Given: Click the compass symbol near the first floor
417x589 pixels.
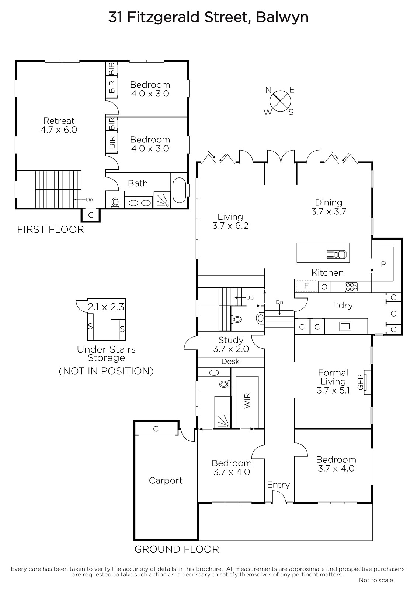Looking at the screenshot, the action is pyautogui.click(x=280, y=101).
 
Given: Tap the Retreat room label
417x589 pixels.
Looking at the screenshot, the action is pyautogui.click(x=59, y=121).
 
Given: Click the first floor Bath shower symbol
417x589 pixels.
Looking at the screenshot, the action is pyautogui.click(x=162, y=199).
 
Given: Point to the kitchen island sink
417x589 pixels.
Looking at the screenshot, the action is pyautogui.click(x=336, y=254).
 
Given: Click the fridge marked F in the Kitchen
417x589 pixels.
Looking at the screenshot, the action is pyautogui.click(x=306, y=286).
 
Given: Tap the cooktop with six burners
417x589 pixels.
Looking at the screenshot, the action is pyautogui.click(x=351, y=287).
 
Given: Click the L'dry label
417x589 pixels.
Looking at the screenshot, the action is pyautogui.click(x=343, y=305).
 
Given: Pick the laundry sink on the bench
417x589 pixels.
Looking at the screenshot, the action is pyautogui.click(x=345, y=326).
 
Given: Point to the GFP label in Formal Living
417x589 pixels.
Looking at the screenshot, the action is pyautogui.click(x=360, y=382).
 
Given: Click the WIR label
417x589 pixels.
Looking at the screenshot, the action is pyautogui.click(x=247, y=401).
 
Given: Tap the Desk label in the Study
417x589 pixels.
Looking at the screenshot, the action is pyautogui.click(x=230, y=361).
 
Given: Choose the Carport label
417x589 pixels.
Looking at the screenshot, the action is pyautogui.click(x=166, y=480).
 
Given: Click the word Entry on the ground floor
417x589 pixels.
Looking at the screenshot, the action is pyautogui.click(x=278, y=484).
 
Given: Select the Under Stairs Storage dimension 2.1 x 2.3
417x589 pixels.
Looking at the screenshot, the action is pyautogui.click(x=106, y=307).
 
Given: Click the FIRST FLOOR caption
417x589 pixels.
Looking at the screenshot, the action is pyautogui.click(x=51, y=230).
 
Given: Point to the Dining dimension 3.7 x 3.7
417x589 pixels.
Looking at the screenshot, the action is pyautogui.click(x=329, y=211).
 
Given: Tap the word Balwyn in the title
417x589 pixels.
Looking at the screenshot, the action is pyautogui.click(x=282, y=17).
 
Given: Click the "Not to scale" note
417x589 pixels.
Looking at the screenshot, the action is pyautogui.click(x=376, y=580).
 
